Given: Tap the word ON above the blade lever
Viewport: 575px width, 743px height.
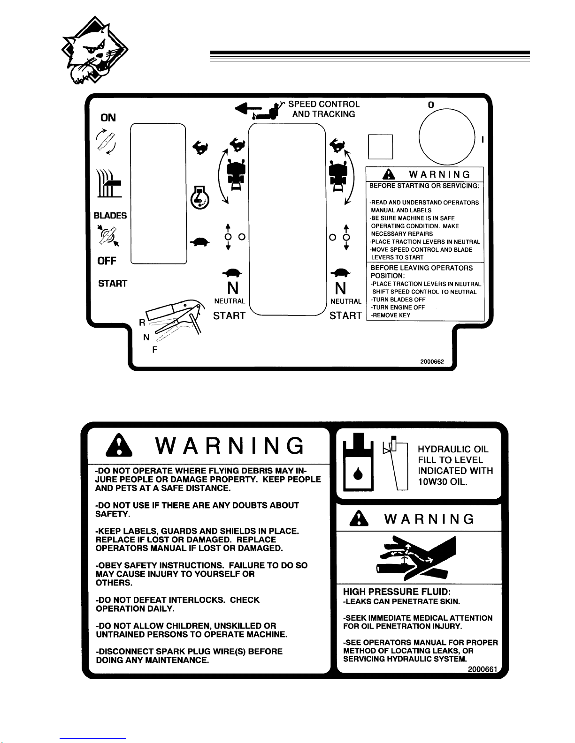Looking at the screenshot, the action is [x=108, y=118].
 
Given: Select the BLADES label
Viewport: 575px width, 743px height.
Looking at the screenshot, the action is [x=110, y=216].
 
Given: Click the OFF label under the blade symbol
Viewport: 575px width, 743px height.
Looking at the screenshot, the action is [x=107, y=261].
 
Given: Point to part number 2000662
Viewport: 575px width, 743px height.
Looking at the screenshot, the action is [x=432, y=362].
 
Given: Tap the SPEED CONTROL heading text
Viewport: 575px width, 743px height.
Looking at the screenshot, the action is [x=323, y=105].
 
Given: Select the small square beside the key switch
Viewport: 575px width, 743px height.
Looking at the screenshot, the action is [x=380, y=147].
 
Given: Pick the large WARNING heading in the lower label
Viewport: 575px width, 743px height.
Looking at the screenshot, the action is [x=230, y=446].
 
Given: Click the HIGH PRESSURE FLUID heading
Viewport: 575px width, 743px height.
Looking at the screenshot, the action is [x=397, y=592].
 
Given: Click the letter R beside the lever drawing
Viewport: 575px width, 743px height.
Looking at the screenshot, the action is [x=141, y=322].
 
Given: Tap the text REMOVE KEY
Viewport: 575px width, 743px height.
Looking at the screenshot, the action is [x=391, y=315].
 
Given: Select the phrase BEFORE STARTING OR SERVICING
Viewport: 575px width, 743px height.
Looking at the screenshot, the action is [x=424, y=186].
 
